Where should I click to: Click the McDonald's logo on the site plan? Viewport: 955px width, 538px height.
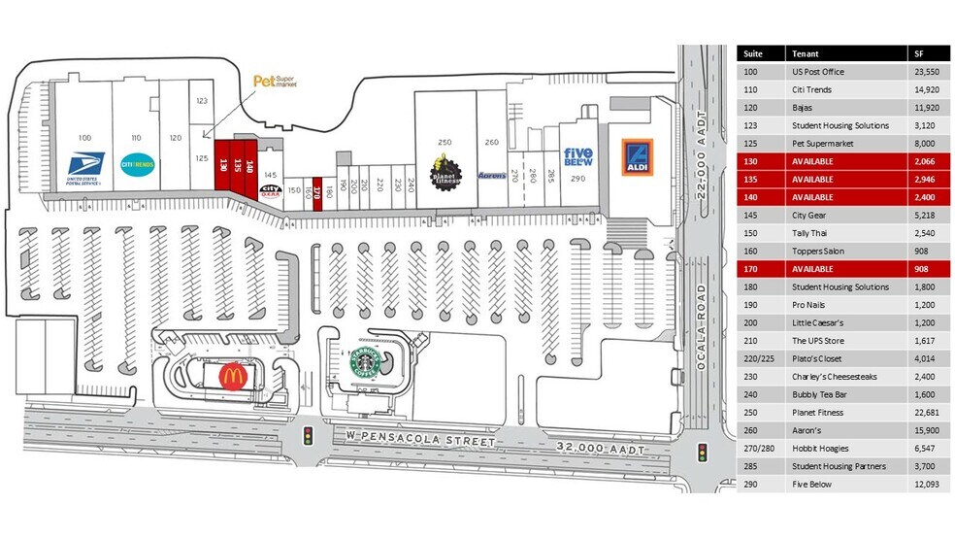click(231, 376)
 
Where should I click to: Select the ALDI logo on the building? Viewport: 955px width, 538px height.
click(637, 159)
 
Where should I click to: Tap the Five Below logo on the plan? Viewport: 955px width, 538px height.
click(578, 159)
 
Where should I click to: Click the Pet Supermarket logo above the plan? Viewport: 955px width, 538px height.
click(274, 82)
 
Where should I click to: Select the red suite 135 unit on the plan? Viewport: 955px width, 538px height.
click(236, 165)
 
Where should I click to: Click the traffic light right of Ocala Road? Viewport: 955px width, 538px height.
click(701, 453)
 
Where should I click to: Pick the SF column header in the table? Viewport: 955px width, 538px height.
click(918, 53)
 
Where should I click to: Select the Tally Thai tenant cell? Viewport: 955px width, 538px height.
click(812, 233)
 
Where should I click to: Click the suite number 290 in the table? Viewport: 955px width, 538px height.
click(749, 484)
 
